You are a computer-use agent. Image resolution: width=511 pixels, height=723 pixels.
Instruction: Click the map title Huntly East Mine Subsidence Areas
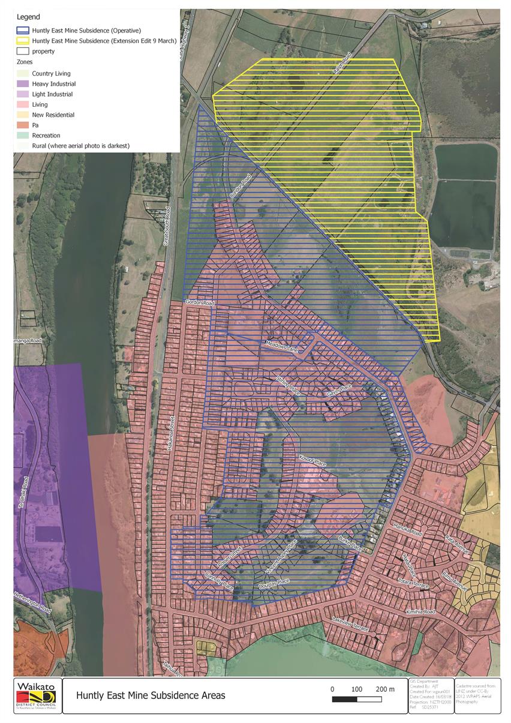coord(151,696)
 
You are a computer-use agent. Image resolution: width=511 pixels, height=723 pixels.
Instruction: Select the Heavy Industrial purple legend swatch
coord(23,84)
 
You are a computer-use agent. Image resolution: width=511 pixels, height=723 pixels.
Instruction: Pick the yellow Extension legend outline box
coord(23,41)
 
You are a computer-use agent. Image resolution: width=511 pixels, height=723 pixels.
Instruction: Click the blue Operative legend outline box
coord(23,30)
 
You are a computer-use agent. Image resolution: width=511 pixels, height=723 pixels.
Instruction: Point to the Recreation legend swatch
coord(23,136)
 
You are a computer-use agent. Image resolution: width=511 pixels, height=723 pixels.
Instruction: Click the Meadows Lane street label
coord(282,348)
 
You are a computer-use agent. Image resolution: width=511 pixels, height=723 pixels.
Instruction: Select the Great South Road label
coord(168,226)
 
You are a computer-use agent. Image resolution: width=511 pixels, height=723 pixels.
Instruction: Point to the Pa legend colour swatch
coord(23,125)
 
